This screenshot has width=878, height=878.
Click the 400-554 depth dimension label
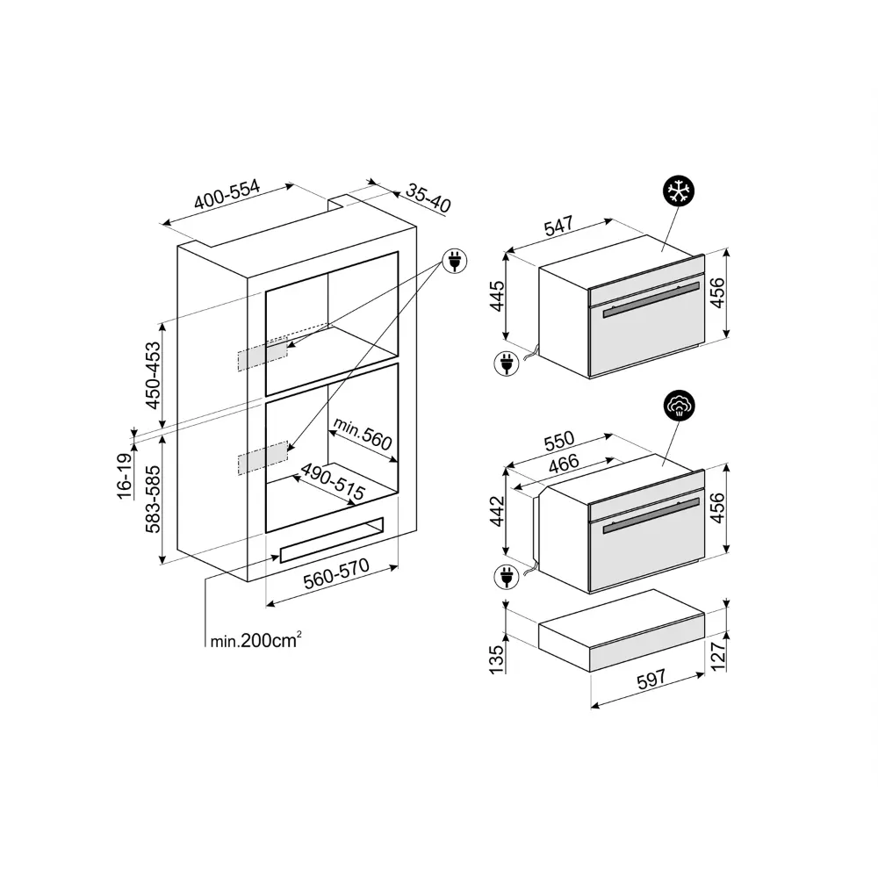click(x=227, y=194)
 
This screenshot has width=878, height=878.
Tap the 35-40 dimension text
click(x=428, y=198)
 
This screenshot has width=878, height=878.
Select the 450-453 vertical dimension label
click(x=152, y=375)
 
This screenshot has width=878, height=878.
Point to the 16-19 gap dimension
click(x=125, y=476)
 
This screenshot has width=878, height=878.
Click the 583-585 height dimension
click(x=152, y=499)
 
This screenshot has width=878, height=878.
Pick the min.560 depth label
click(x=363, y=434)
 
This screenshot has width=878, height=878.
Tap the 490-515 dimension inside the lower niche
click(x=333, y=481)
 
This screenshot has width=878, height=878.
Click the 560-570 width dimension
click(x=336, y=573)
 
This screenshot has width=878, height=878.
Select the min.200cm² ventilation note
click(x=255, y=640)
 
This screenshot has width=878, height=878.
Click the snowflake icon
click(x=679, y=191)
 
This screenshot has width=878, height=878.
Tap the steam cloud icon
click(x=680, y=405)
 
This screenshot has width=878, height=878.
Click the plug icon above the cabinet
click(x=455, y=261)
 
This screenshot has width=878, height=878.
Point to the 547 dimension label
click(x=558, y=225)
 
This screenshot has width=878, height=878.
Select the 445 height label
click(x=497, y=296)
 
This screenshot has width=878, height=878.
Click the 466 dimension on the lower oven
click(x=564, y=463)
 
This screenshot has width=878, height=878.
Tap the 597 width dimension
click(x=651, y=679)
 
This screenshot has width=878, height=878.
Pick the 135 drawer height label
click(x=497, y=659)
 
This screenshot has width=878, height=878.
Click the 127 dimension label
click(x=717, y=655)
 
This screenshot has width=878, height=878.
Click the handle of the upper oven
click(x=651, y=299)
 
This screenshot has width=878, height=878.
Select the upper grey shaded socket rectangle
click(x=263, y=354)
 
